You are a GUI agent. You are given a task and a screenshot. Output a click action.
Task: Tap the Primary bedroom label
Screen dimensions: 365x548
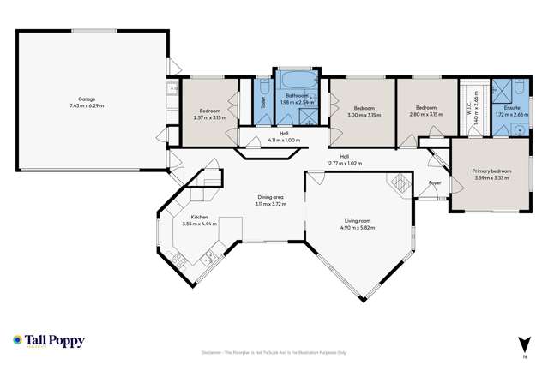point(491,171)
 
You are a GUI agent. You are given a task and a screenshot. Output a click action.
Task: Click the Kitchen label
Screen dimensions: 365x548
point(200,218)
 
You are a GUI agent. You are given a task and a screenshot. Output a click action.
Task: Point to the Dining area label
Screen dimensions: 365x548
point(269,198)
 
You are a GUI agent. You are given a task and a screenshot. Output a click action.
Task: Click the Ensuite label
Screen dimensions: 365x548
point(512,108)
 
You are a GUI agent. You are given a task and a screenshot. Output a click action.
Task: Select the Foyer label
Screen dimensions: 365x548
point(435,182)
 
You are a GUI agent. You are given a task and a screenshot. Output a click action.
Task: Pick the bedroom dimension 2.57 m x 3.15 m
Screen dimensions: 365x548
point(212,118)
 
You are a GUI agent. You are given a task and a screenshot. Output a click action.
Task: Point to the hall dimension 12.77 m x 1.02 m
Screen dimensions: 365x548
point(344,163)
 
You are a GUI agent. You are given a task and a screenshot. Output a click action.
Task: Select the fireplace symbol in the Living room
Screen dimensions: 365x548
point(400,182)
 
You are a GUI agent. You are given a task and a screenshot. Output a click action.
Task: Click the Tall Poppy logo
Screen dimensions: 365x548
point(49,341)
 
